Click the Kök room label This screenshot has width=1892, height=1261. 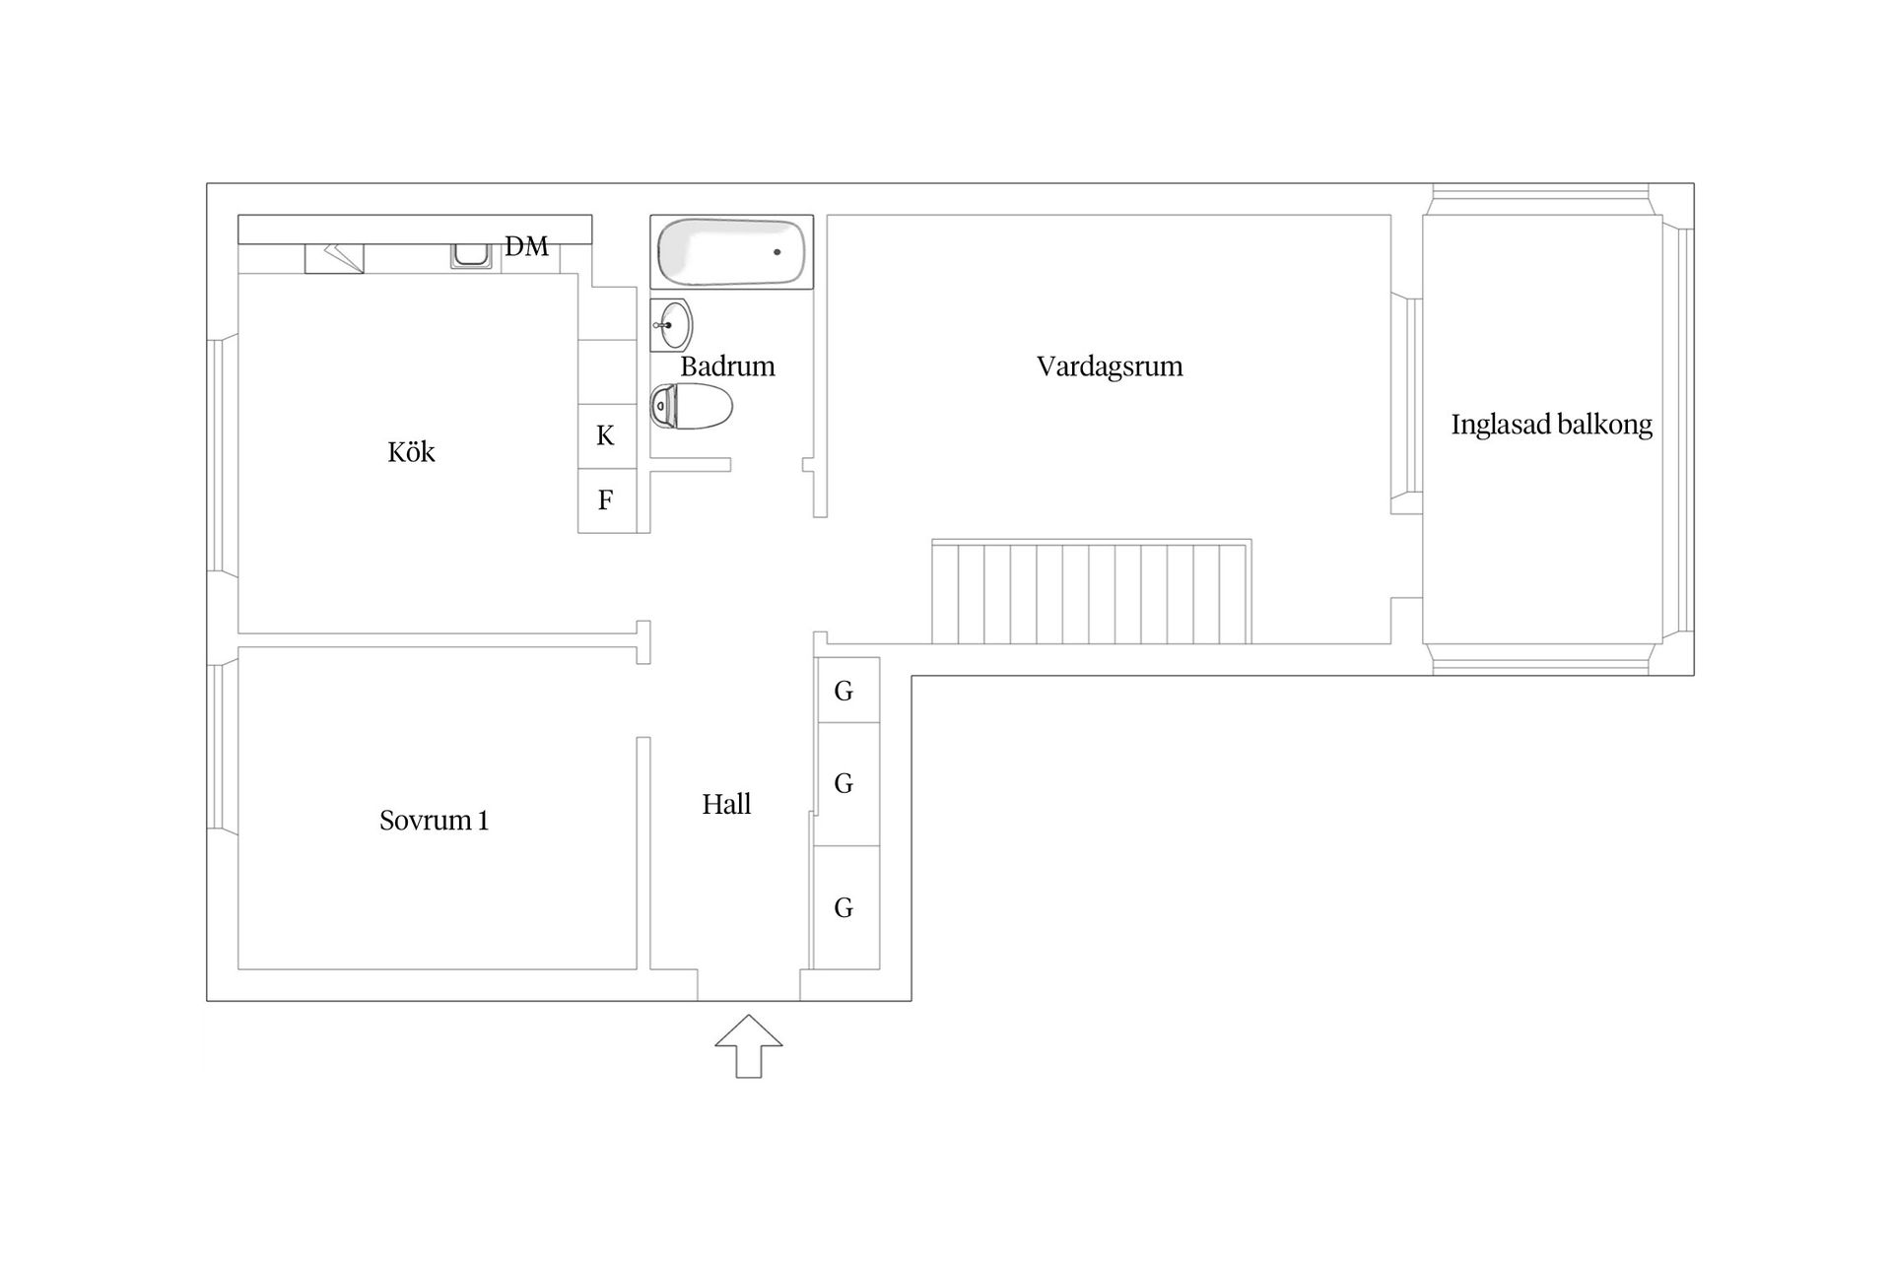(x=411, y=452)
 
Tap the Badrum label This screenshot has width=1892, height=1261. (x=727, y=366)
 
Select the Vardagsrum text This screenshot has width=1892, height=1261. (x=1110, y=366)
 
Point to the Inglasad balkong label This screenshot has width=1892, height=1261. (x=1551, y=425)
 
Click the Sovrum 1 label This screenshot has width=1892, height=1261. (x=434, y=821)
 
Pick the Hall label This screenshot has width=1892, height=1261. (x=726, y=805)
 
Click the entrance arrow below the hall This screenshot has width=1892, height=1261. (x=749, y=1046)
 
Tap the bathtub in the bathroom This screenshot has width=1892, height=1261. (x=731, y=252)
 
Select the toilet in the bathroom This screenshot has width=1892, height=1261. (x=692, y=406)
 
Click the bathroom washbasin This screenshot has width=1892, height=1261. (x=672, y=324)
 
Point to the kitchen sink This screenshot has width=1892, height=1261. (x=471, y=255)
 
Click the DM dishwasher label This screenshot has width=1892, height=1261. (x=526, y=246)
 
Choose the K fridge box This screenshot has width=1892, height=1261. (x=606, y=435)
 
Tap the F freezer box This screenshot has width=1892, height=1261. (x=606, y=500)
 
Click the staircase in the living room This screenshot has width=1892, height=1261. (x=1092, y=591)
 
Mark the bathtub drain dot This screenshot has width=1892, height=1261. (x=777, y=252)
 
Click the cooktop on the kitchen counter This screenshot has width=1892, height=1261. (x=334, y=258)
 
